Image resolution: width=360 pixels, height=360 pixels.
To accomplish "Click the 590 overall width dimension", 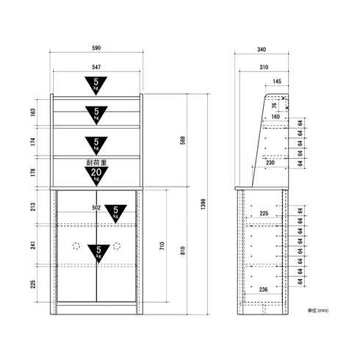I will point(96,48).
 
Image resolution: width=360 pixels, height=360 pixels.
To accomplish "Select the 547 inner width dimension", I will point(96,67).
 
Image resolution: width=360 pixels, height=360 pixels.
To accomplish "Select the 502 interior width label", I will point(96,208).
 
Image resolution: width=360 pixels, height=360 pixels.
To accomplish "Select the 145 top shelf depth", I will point(276,82).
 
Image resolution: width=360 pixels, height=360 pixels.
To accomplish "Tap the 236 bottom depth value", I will point(264,289).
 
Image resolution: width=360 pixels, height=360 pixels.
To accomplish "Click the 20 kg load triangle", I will point(96,174).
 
